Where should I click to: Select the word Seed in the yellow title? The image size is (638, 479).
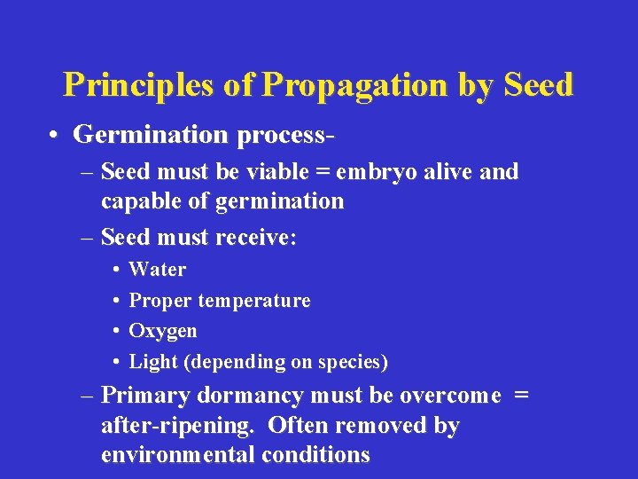tap(538, 84)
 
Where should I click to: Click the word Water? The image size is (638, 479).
tap(158, 269)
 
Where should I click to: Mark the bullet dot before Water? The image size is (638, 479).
tap(117, 270)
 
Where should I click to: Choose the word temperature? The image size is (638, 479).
tap(254, 301)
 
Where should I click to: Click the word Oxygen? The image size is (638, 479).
tap(163, 331)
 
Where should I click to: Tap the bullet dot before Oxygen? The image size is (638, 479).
tap(117, 331)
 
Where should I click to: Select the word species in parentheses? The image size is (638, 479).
tap(350, 362)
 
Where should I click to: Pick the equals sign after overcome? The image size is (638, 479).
tap(521, 395)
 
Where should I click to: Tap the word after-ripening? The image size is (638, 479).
tap(176, 426)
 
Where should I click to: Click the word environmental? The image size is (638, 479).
tap(177, 455)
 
